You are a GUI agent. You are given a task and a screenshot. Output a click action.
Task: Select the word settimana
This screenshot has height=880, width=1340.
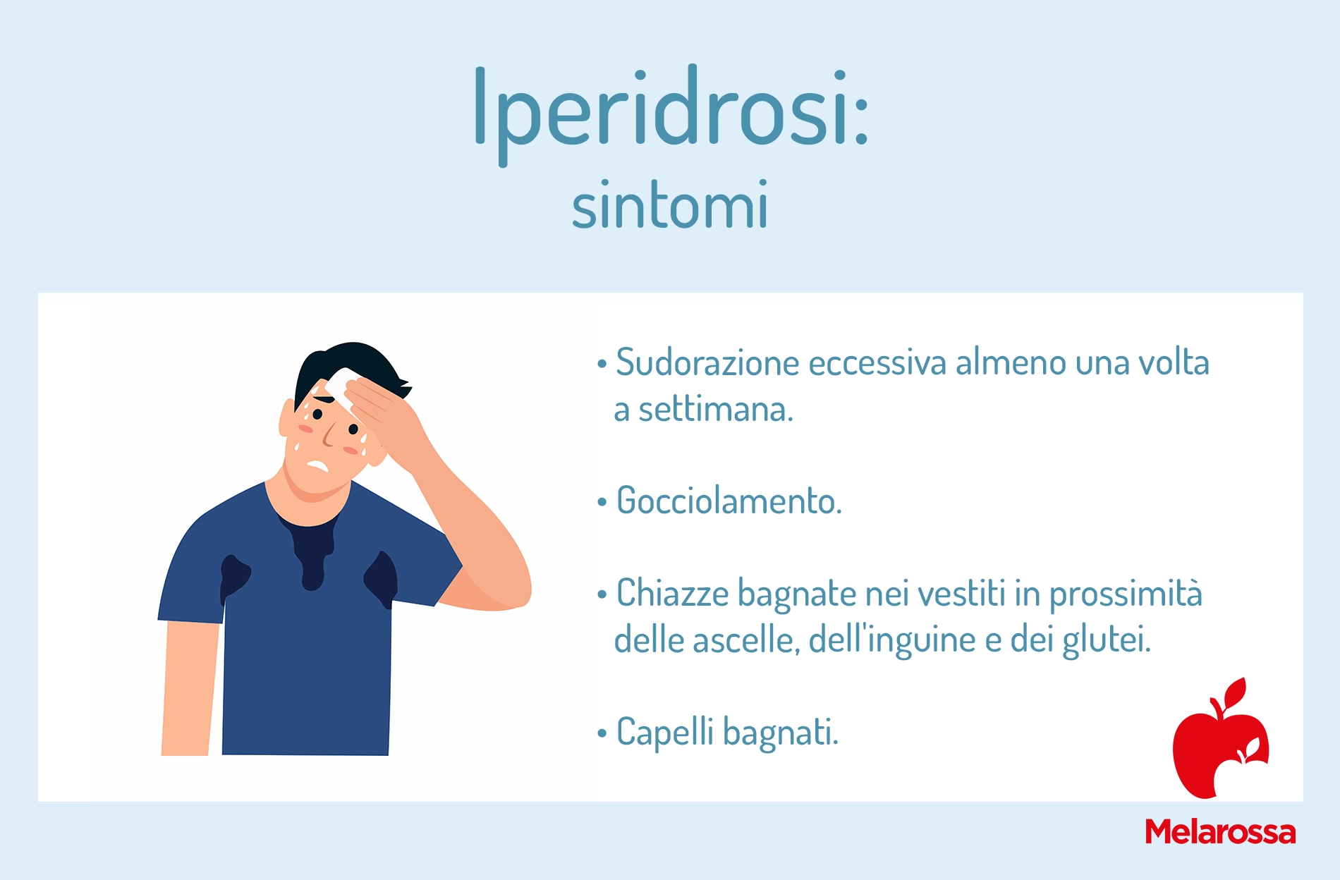(x=716, y=409)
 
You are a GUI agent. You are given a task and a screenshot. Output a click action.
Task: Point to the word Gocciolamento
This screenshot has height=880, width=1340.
(x=729, y=501)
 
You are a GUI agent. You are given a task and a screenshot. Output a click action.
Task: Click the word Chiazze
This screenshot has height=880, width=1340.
(x=672, y=592)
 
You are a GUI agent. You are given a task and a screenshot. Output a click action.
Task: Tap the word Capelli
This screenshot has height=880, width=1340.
(x=665, y=732)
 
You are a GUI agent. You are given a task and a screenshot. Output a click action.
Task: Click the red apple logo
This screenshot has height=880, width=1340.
(x=1220, y=739)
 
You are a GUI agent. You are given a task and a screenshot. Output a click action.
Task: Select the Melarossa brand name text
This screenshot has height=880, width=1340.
(x=1220, y=832)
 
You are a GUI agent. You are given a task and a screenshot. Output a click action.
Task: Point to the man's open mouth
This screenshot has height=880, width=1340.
(x=318, y=466)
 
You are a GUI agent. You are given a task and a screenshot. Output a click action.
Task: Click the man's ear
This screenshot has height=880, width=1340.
(x=286, y=417)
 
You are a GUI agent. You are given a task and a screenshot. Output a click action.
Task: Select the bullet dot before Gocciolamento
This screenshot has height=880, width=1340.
(x=602, y=503)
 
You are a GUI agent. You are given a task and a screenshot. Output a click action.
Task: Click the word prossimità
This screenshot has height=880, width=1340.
(x=1126, y=594)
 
